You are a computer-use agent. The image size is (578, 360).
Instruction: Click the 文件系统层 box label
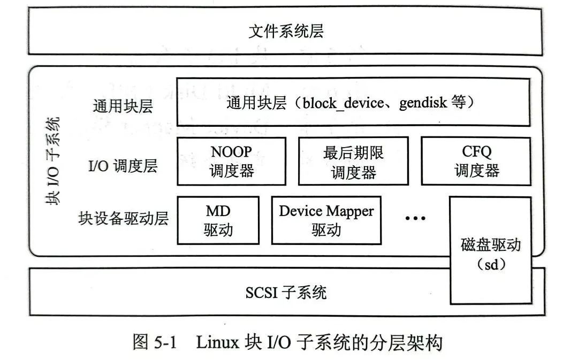point(286,31)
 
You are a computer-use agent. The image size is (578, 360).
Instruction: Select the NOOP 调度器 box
point(231,160)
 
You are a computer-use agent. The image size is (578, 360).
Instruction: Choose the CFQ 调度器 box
point(476,161)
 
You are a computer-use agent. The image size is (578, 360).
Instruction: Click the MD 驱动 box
point(218,220)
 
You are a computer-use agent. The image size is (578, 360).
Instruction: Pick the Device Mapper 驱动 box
point(326,220)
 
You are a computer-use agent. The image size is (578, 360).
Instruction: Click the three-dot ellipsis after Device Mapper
point(415,218)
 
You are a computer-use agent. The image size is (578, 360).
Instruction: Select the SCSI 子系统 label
point(286,293)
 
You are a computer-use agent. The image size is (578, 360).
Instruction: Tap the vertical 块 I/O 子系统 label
point(52,160)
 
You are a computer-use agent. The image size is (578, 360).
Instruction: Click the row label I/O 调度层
point(123,166)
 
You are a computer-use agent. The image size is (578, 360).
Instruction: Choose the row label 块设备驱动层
point(124,218)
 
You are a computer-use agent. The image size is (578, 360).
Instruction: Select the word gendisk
point(423,102)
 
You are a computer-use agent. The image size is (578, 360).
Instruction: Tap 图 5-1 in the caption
point(154,342)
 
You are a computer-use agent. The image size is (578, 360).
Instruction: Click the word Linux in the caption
point(217,342)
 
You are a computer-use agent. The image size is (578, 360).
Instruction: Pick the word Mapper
point(351,211)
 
